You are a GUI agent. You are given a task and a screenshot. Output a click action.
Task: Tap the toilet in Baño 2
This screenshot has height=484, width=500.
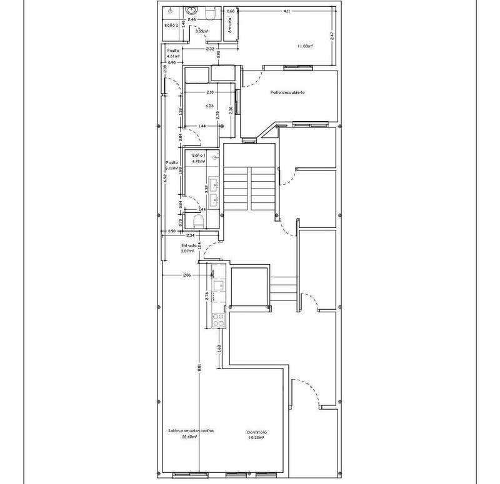[211, 12]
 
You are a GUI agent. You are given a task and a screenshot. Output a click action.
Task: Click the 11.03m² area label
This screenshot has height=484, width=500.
[305, 46]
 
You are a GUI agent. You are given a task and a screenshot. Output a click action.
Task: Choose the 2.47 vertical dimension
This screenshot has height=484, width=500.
[332, 37]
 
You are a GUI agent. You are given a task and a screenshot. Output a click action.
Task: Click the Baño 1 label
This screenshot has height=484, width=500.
[199, 154]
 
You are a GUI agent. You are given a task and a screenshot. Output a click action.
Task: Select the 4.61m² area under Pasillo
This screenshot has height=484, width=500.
[173, 56]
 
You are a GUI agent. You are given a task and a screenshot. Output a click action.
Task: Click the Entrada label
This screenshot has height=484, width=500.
[189, 245]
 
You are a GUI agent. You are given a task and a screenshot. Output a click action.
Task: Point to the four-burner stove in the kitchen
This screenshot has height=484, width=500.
[219, 320]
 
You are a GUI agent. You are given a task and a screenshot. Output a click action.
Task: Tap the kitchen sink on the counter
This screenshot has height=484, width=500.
[219, 285]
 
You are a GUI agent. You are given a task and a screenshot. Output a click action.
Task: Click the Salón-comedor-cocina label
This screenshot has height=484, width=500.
[190, 431]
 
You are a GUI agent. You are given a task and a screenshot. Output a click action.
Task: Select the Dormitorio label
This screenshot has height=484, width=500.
[256, 432]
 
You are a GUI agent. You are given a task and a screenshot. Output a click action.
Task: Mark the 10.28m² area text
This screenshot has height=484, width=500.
[256, 438]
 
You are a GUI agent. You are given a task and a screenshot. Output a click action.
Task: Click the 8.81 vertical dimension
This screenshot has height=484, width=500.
[199, 368]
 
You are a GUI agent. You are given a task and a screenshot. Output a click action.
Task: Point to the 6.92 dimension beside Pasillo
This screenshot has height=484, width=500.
[165, 177]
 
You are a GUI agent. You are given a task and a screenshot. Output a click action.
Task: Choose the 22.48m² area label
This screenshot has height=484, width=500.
[189, 437]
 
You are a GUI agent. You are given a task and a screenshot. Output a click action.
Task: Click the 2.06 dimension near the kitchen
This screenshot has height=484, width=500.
[186, 275]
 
